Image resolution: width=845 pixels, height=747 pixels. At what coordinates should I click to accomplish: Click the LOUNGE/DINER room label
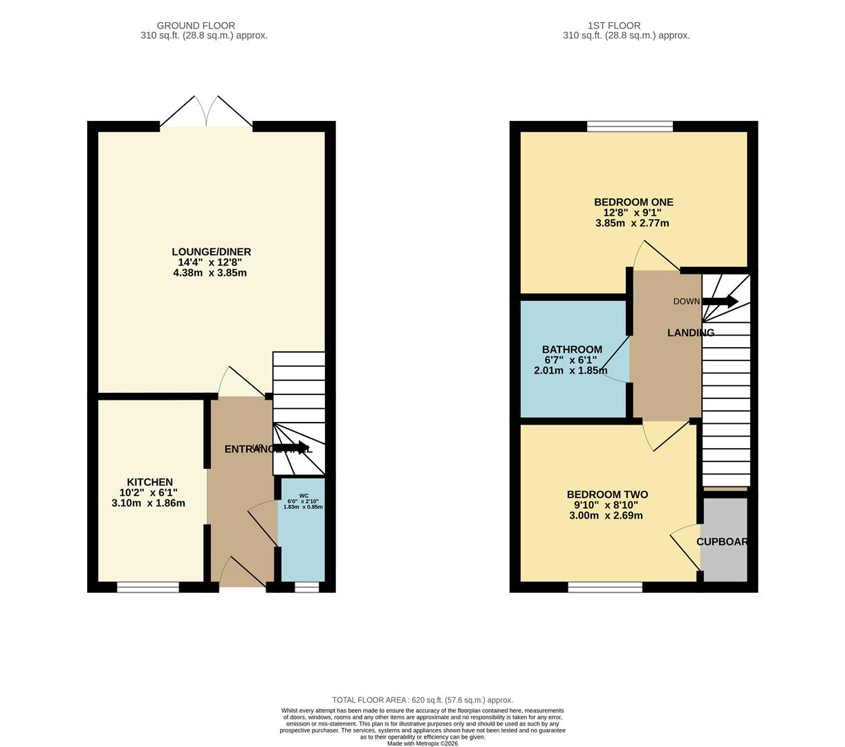211,252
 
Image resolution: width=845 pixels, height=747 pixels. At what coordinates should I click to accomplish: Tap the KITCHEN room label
149,482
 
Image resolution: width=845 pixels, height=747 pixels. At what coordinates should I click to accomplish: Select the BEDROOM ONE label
633,202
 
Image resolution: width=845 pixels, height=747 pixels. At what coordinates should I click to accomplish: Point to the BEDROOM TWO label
606,495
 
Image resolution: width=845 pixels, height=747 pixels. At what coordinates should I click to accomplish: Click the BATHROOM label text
571,349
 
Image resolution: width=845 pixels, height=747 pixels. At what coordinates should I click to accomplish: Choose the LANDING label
690,333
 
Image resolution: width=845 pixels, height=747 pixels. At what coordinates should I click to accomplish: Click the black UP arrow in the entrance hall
290,448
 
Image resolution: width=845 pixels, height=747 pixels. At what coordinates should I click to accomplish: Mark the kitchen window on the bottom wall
148,587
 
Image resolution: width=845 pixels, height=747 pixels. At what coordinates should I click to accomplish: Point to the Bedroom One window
629,126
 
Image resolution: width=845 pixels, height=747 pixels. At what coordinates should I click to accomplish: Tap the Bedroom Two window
605,587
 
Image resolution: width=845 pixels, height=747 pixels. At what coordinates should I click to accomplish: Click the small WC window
306,587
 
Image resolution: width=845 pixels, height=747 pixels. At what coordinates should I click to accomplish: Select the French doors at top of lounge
206,113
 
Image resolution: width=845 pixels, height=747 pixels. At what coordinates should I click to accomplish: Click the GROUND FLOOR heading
196,26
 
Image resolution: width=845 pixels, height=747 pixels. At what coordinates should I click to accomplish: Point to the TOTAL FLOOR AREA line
423,700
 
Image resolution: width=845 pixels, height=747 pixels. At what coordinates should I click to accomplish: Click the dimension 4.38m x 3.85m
210,273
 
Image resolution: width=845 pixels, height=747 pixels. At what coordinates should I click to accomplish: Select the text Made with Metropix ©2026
423,744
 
